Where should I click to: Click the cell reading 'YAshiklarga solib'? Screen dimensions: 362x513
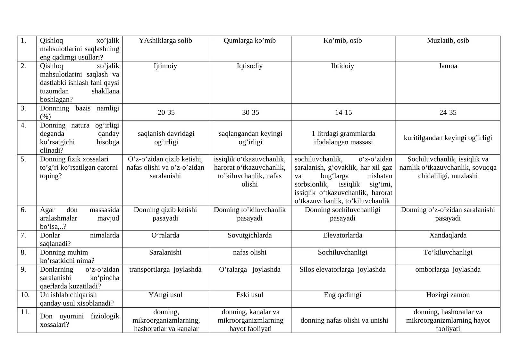click(x=165, y=41)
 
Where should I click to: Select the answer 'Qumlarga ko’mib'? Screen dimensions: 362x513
click(x=250, y=41)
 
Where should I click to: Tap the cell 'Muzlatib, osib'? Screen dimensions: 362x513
click(x=448, y=41)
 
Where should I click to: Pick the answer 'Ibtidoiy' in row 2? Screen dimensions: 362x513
click(x=342, y=66)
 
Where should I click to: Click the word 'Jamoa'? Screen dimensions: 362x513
click(x=448, y=66)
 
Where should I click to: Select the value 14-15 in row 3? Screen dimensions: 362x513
click(x=343, y=113)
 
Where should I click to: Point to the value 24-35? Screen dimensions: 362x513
click(x=448, y=113)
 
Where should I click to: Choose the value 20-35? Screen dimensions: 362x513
click(x=166, y=113)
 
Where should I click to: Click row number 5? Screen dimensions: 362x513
click(x=23, y=159)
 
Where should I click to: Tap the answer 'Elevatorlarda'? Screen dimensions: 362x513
click(x=342, y=236)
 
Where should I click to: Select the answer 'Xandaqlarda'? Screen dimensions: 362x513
click(x=448, y=236)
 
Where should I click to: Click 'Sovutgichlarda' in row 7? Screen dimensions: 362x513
click(x=250, y=236)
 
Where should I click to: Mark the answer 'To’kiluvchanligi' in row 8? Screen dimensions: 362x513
click(x=448, y=253)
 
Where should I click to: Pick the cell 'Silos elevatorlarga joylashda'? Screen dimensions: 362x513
click(x=342, y=269)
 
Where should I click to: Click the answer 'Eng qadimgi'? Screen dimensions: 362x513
click(x=342, y=295)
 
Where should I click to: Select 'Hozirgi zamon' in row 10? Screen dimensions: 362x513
click(x=448, y=295)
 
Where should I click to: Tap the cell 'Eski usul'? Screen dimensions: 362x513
click(x=250, y=295)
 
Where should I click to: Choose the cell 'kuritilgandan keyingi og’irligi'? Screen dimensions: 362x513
click(x=448, y=138)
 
